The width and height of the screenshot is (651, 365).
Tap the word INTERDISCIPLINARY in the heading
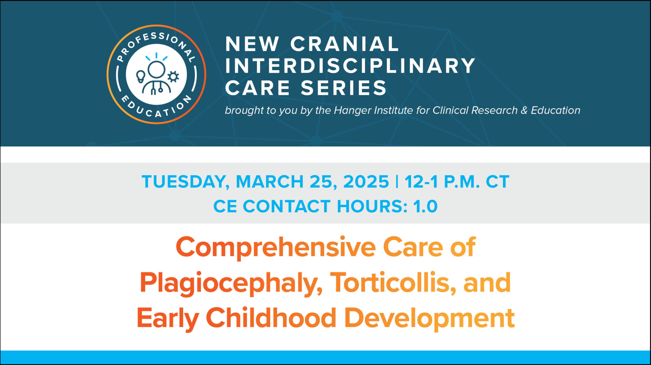[x=350, y=66]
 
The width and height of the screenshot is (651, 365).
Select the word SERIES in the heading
[x=344, y=88]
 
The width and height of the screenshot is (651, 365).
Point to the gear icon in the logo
[x=173, y=77]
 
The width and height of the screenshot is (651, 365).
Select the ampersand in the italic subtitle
[x=524, y=110]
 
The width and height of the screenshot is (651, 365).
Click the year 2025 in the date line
[x=366, y=182]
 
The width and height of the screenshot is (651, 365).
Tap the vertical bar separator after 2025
[x=397, y=182]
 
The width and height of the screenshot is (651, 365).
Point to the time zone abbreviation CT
[x=497, y=182]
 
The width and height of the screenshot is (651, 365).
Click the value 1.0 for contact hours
[x=425, y=206]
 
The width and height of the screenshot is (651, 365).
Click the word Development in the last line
[x=429, y=318]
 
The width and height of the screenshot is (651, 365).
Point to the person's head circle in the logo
[x=156, y=69]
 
